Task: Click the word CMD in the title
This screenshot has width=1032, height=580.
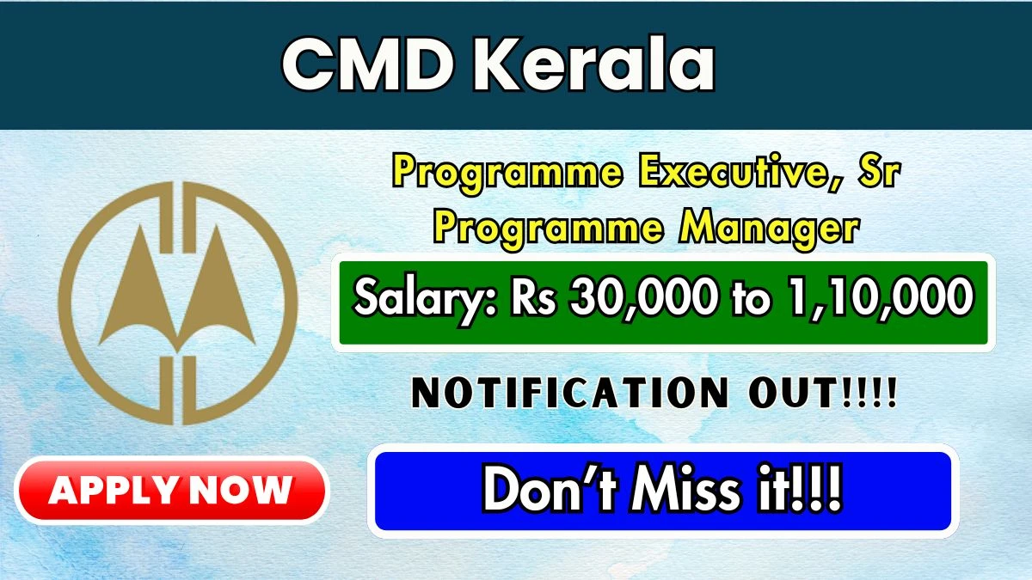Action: pos(366,64)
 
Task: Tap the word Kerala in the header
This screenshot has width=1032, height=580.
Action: pos(593,64)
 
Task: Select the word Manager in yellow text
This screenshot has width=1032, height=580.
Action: pos(769,229)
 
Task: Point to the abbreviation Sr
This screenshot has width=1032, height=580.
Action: pos(879,172)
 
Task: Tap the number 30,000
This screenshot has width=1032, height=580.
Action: pos(643,297)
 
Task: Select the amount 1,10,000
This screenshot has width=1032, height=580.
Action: pos(881,297)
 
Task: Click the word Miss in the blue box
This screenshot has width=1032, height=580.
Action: pos(686,489)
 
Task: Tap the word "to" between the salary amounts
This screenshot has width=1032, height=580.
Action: pos(752,299)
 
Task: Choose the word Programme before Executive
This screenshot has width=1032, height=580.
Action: pos(507,174)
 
